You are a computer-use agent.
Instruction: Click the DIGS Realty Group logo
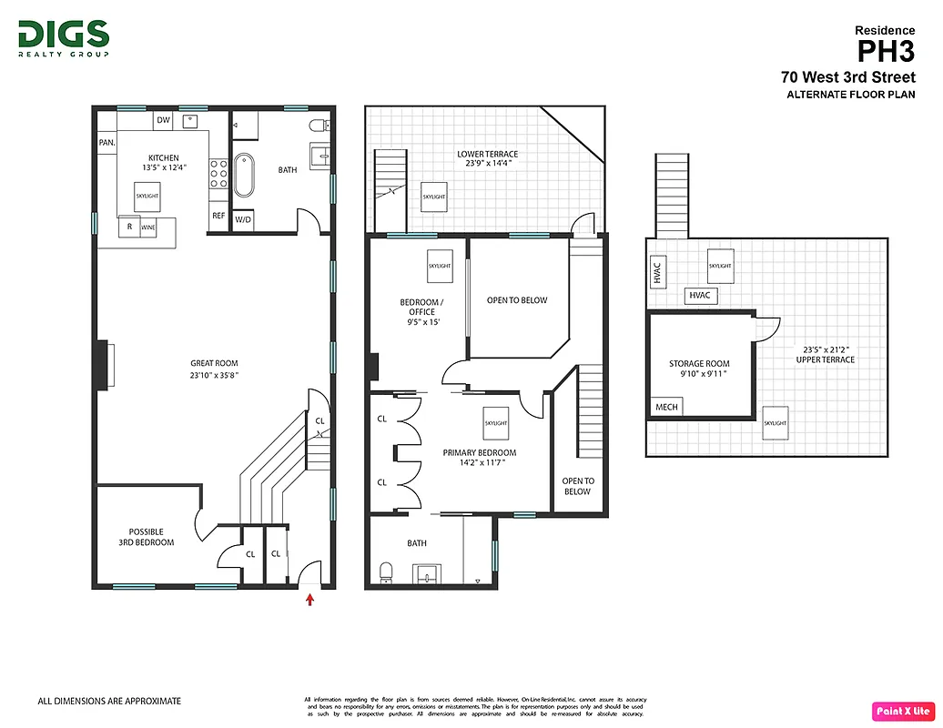pyautogui.click(x=64, y=38)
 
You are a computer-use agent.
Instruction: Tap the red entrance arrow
pyautogui.click(x=310, y=599)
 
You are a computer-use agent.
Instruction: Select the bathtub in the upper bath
pyautogui.click(x=244, y=176)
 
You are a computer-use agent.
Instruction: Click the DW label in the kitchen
pyautogui.click(x=163, y=120)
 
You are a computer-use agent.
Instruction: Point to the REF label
pyautogui.click(x=218, y=216)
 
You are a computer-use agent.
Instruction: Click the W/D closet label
pyautogui.click(x=243, y=219)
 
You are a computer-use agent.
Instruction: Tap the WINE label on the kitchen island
pyautogui.click(x=147, y=227)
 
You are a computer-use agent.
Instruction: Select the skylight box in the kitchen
pyautogui.click(x=147, y=196)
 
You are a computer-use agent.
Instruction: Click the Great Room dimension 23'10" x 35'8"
pyautogui.click(x=214, y=374)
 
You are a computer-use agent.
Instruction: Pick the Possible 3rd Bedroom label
pyautogui.click(x=151, y=537)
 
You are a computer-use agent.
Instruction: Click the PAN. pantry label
pyautogui.click(x=106, y=143)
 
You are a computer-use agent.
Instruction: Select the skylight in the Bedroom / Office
pyautogui.click(x=440, y=265)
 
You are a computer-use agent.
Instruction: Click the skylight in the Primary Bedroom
pyautogui.click(x=496, y=423)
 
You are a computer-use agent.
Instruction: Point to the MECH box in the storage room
pyautogui.click(x=666, y=407)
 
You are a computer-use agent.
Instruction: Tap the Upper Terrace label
pyautogui.click(x=828, y=354)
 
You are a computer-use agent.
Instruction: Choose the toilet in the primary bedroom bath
pyautogui.click(x=385, y=571)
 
